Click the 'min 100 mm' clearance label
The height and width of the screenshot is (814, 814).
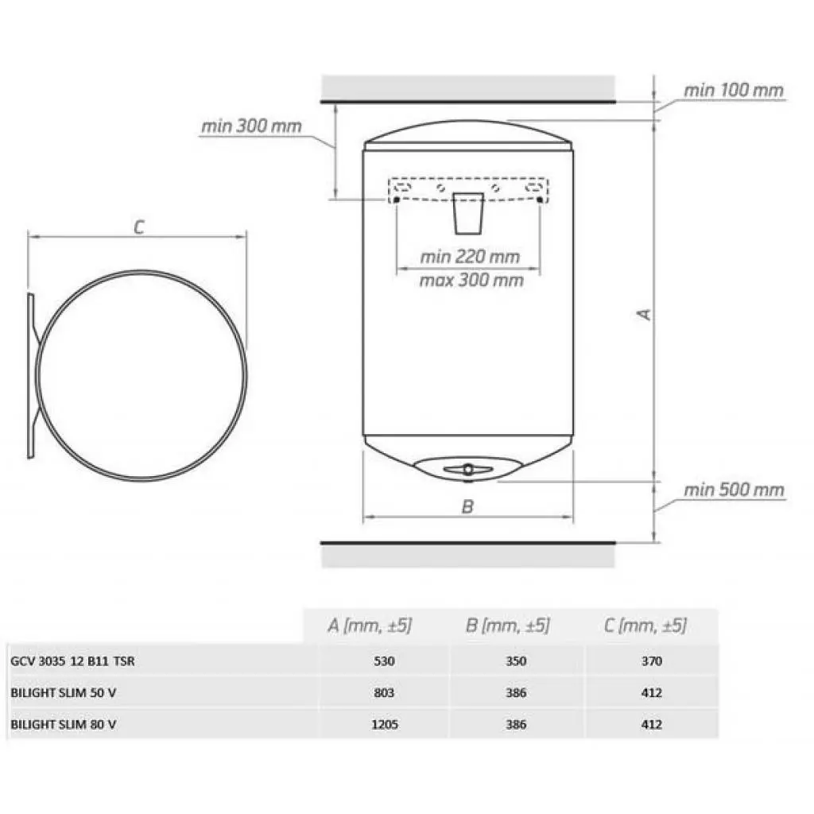(x=733, y=91)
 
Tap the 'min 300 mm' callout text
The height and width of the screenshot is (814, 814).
(x=251, y=126)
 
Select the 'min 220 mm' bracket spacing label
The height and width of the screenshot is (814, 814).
(x=470, y=257)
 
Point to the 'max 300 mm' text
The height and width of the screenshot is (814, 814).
(x=471, y=281)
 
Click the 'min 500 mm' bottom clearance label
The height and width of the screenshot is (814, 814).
(x=734, y=490)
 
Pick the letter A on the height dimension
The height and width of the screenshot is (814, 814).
(x=644, y=315)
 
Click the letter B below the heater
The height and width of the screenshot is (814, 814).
(x=467, y=506)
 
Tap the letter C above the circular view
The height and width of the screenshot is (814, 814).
(x=138, y=227)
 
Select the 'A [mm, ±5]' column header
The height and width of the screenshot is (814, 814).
(x=370, y=625)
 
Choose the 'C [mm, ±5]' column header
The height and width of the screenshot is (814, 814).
(x=645, y=625)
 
